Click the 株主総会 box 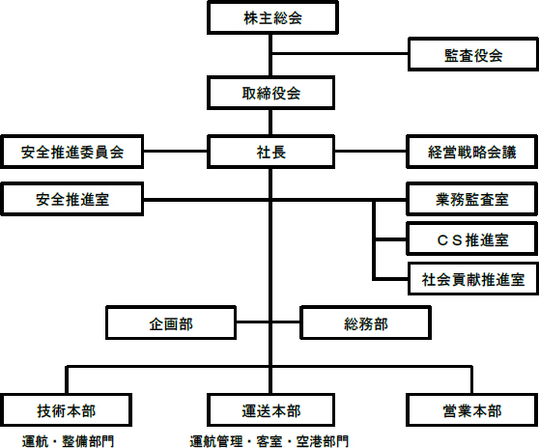point(272,18)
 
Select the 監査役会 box point(473,55)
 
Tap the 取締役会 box point(270,93)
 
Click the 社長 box point(270,152)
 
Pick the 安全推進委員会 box point(71,152)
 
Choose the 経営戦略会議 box point(472,152)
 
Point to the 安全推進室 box point(71,199)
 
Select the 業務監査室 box point(472,199)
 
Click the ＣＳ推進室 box point(472,239)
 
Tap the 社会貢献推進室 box point(473,279)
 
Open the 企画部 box point(171,322)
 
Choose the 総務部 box point(366,322)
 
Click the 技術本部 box point(66,410)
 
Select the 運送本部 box point(270,410)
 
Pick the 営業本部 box point(472,410)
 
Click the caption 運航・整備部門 point(68,441)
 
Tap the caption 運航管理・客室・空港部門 point(269,441)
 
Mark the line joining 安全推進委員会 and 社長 point(175,151)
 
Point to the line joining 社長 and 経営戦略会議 point(371,151)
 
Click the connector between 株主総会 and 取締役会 point(270,55)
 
